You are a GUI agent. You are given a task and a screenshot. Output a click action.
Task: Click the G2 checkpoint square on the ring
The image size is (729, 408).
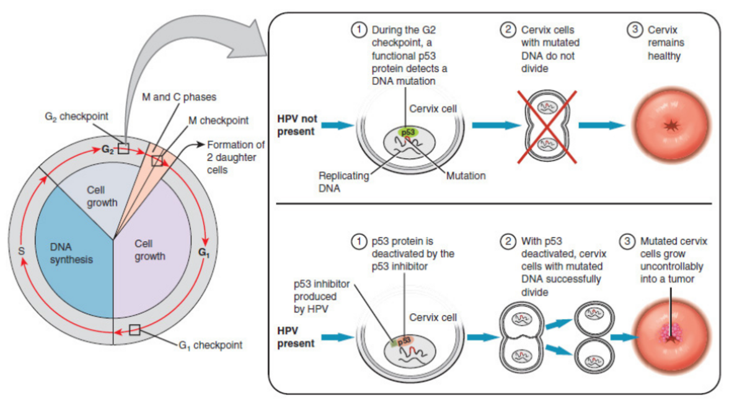coord(124,148)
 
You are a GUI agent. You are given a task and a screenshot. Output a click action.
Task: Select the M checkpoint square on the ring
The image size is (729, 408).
coord(157,161)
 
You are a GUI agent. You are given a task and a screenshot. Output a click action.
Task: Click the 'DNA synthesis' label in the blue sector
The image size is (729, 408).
coord(71,253)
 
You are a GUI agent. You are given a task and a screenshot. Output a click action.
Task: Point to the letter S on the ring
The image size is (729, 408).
coord(22,251)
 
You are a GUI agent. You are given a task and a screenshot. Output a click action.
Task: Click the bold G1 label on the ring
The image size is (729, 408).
coord(203,252)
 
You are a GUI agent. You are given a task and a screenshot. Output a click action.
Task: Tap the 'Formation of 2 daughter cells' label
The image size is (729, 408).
coord(235,157)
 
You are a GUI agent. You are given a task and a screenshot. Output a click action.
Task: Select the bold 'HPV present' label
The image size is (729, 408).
coord(296,337)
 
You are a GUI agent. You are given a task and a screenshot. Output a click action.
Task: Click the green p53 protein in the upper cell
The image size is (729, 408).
coord(407,132)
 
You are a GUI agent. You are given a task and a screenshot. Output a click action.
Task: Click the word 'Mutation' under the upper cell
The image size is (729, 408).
coord(466,175)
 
